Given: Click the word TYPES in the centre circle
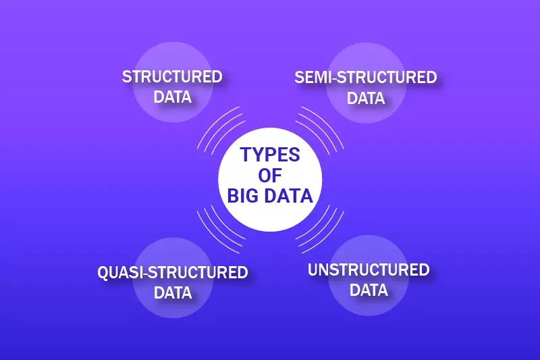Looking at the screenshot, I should pyautogui.click(x=270, y=155).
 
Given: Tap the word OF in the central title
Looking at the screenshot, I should pyautogui.click(x=270, y=176).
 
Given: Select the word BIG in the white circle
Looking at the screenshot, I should pyautogui.click(x=243, y=197).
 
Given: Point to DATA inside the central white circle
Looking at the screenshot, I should pyautogui.click(x=288, y=197).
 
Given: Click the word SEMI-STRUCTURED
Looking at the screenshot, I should pyautogui.click(x=366, y=77).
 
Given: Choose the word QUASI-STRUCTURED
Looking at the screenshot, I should pyautogui.click(x=173, y=273).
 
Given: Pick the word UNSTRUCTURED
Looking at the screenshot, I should pyautogui.click(x=369, y=270).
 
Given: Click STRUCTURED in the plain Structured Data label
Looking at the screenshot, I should pyautogui.click(x=172, y=76).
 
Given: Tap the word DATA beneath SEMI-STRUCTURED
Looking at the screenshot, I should pyautogui.click(x=366, y=98).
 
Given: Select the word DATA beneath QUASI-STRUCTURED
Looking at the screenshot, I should pyautogui.click(x=173, y=293).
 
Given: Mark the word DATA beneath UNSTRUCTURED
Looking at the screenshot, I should pyautogui.click(x=369, y=290).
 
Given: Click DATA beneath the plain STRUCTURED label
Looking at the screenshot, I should pyautogui.click(x=172, y=97).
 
